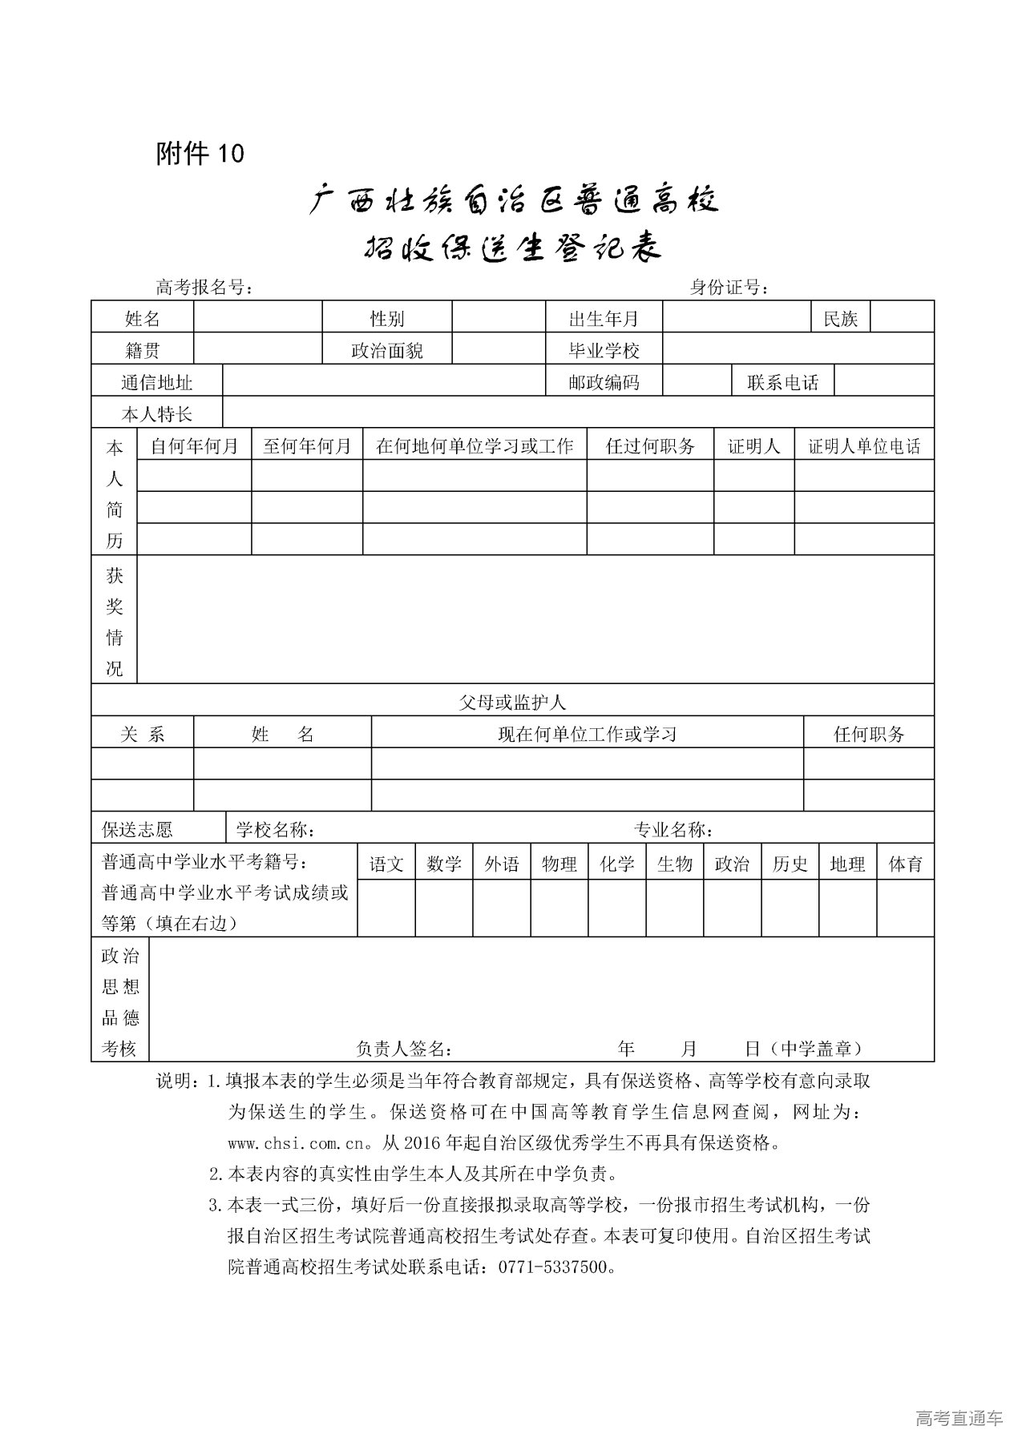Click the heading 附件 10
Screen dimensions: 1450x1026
(200, 153)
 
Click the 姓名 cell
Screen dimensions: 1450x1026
(143, 319)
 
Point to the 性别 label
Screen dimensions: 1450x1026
(387, 319)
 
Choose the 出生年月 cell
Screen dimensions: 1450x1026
(604, 319)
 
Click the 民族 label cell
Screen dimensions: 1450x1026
(840, 319)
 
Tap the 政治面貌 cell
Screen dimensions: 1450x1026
(387, 350)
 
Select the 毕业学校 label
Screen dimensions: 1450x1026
(604, 350)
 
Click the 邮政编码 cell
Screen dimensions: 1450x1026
(604, 382)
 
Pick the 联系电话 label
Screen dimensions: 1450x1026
(782, 382)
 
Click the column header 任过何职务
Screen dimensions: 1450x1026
(650, 446)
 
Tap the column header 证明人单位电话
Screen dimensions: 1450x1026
(864, 446)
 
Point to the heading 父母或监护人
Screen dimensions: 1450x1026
(512, 703)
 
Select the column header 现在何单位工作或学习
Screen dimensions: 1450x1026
(588, 734)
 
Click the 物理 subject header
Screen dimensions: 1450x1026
(559, 864)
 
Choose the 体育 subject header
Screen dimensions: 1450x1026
(906, 864)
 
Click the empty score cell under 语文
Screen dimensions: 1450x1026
(386, 908)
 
